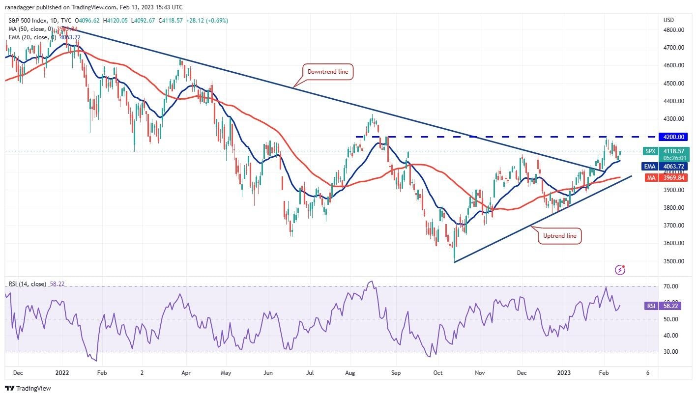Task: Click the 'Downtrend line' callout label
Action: (x=327, y=72)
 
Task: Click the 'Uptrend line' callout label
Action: (x=559, y=236)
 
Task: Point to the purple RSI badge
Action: (x=651, y=306)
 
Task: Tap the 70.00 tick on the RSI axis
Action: (x=671, y=286)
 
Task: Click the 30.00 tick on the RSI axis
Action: (x=671, y=352)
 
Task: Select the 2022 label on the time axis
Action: (x=62, y=372)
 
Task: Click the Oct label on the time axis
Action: (x=437, y=372)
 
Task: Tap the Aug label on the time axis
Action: (x=349, y=372)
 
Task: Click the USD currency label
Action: (x=668, y=20)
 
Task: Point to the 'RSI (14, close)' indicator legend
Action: (x=28, y=284)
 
